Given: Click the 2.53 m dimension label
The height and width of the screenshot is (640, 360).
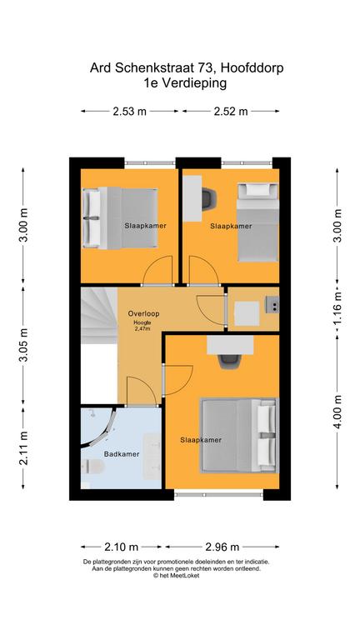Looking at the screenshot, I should [129, 111].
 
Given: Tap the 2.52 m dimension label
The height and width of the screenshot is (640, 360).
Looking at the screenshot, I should [232, 111].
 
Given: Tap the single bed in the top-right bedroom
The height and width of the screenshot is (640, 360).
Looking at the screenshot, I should [257, 220].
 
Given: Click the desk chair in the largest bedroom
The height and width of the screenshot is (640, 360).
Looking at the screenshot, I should [229, 359].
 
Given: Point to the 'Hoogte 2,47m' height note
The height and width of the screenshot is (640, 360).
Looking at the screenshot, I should [144, 326].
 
